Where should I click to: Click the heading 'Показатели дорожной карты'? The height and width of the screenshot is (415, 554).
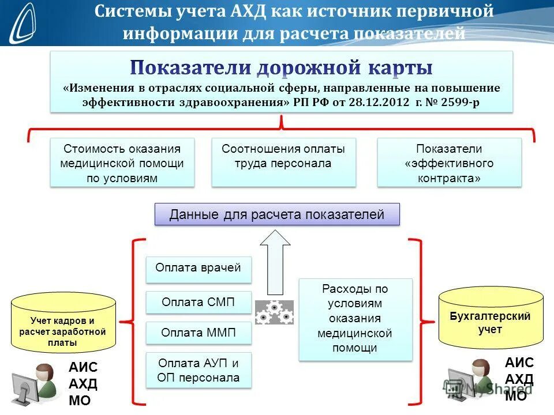pos(281,68)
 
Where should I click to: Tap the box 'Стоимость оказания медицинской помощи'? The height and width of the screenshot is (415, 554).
pos(122,163)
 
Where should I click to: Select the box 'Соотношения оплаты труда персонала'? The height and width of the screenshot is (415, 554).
pos(283,162)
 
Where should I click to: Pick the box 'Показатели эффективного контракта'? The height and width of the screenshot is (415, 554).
pos(449,163)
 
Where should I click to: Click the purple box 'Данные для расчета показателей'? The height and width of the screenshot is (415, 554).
pos(276,215)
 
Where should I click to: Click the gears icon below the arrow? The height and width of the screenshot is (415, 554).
pos(274,312)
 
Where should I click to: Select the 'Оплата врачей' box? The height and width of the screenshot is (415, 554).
pos(198,269)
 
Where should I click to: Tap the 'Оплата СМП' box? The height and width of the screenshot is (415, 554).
pos(198,302)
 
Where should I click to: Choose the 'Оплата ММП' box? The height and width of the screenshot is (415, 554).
pos(198,333)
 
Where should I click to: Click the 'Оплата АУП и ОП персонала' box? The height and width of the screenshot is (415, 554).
pos(198,371)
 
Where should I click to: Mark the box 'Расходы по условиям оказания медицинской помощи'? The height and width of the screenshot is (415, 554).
pos(355,319)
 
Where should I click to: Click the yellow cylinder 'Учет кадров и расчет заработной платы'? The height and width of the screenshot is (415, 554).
pos(63,325)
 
